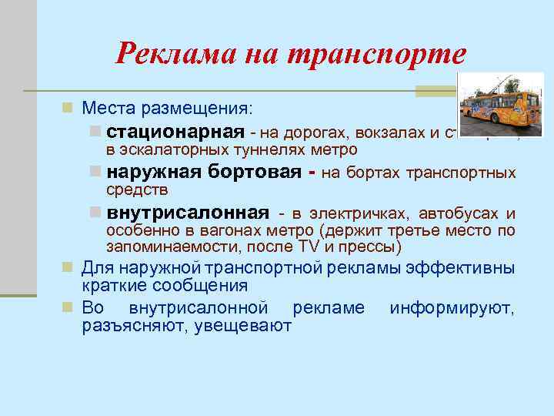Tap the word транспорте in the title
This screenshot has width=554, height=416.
376,53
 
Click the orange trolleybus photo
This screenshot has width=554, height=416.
500,105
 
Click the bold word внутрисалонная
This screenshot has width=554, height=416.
188,213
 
